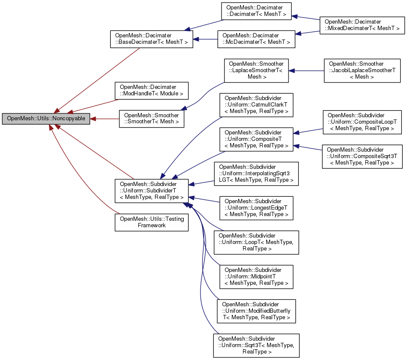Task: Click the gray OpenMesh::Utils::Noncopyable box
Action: pos(46,119)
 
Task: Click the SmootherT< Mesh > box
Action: pos(151,119)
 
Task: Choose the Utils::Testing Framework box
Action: pos(151,222)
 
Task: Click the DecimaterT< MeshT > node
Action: pos(256,16)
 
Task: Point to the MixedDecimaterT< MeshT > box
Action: pos(362,25)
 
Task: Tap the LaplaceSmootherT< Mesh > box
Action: pos(256,70)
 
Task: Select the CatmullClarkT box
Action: pos(256,105)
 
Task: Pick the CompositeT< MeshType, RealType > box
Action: pos(256,139)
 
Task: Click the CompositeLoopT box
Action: pos(362,122)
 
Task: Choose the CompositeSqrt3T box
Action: pos(362,156)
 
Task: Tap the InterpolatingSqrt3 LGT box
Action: pos(256,174)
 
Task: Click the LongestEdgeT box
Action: pos(256,208)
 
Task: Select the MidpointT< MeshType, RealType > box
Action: pos(256,277)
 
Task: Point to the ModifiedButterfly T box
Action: pos(256,311)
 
